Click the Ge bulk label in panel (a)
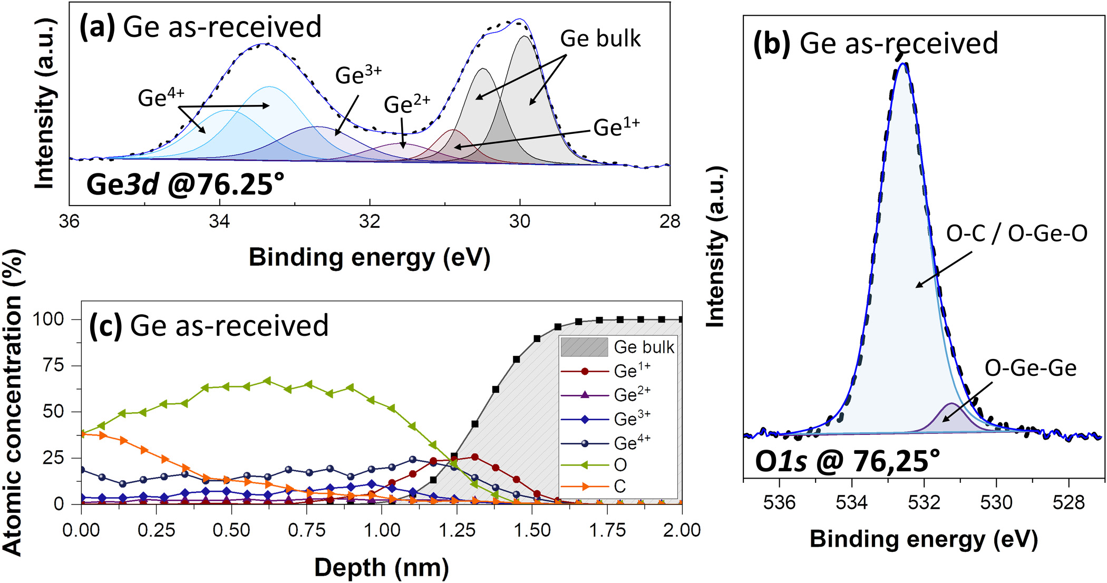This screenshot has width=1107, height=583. click(x=600, y=39)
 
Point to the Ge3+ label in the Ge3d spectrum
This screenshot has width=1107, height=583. click(x=358, y=75)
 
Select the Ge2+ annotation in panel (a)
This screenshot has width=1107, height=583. click(x=406, y=104)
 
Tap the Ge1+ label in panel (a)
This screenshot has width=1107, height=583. click(x=616, y=128)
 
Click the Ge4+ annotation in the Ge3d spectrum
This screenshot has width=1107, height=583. click(x=161, y=98)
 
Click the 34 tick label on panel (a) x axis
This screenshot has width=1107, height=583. click(x=219, y=221)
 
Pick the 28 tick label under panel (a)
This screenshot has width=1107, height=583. click(x=669, y=221)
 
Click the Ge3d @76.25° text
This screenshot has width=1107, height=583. click(x=185, y=184)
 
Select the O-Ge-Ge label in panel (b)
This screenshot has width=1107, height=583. click(x=1030, y=368)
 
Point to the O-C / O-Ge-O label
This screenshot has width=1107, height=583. click(x=1016, y=233)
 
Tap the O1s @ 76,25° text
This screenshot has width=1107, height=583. click(x=847, y=461)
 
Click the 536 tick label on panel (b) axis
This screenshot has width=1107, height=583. click(x=779, y=502)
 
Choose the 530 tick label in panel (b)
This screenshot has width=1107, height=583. click(x=996, y=502)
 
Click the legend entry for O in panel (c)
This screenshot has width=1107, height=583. click(x=620, y=465)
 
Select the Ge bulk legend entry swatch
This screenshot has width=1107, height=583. click(x=584, y=347)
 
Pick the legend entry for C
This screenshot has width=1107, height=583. click(x=620, y=487)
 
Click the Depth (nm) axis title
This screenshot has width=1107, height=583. click(x=381, y=568)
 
